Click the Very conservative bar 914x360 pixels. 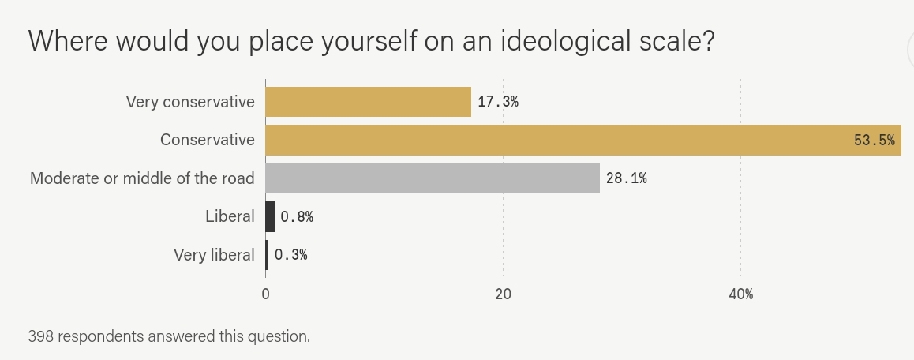368,102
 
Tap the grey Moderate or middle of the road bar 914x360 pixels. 432,178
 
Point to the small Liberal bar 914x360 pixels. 270,216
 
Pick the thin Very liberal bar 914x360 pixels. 267,254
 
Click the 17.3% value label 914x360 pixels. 498,102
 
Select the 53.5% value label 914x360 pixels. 874,141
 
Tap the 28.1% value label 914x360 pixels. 626,178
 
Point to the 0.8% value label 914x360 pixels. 297,216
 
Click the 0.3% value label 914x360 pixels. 290,255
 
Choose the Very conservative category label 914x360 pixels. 190,102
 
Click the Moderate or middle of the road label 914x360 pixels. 142,178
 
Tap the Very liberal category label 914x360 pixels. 214,255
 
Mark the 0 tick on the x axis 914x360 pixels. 266,294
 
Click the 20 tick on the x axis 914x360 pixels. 503,294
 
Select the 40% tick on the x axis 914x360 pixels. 740,294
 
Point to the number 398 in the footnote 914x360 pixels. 40,336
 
